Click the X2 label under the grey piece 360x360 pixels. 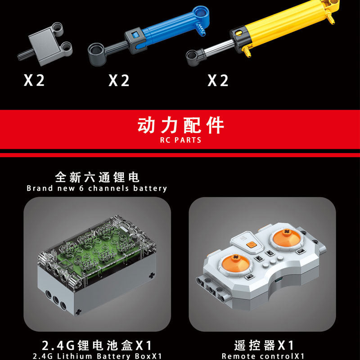tap(34, 81)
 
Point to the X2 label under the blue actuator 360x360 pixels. tap(119, 81)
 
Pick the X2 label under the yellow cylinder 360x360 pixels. tap(218, 81)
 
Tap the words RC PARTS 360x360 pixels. tap(180, 140)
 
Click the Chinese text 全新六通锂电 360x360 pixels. tap(97, 176)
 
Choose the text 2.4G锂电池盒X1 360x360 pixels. tap(97, 346)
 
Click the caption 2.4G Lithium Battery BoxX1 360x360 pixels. tap(97, 356)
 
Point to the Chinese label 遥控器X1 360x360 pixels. tap(264, 346)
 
